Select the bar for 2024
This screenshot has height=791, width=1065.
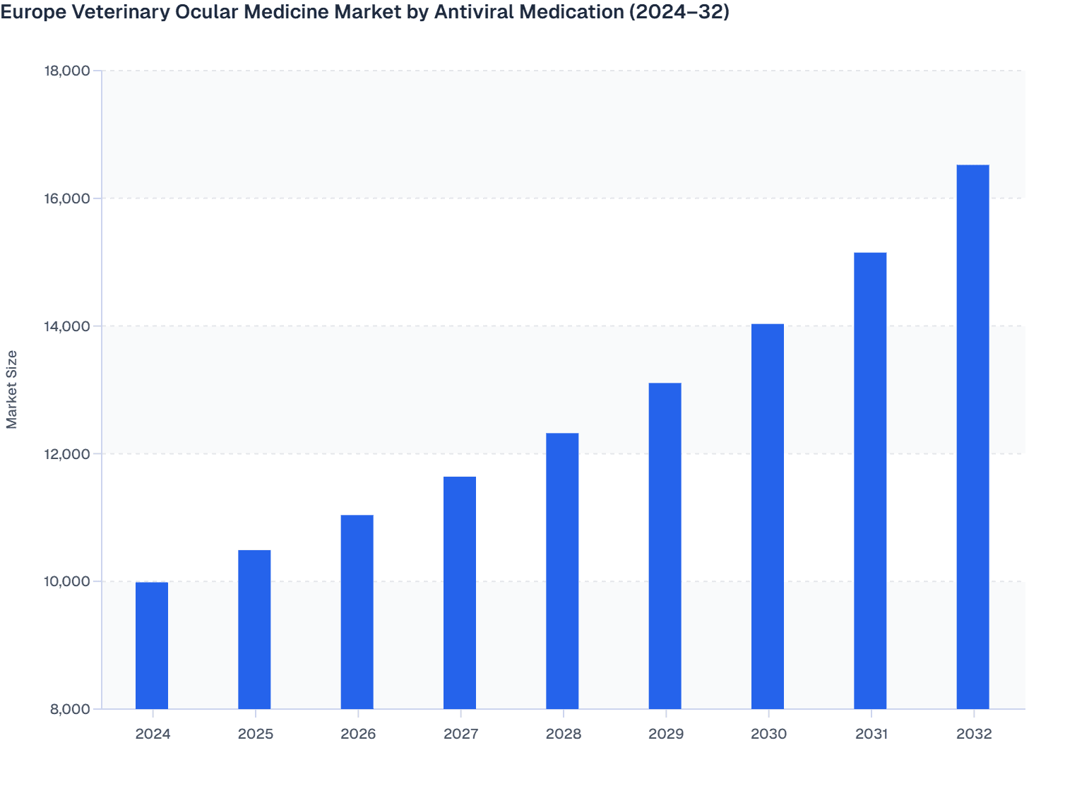pos(152,646)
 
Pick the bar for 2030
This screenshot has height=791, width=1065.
pos(768,516)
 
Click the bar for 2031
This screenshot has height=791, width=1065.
pos(870,480)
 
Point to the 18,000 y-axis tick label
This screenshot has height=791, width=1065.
pos(67,71)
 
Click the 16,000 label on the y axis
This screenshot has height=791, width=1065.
pos(67,198)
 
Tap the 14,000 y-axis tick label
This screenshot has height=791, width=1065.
pos(67,326)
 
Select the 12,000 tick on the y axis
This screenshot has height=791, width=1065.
pos(67,454)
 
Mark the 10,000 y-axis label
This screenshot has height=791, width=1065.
pos(67,582)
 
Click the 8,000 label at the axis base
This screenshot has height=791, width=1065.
pos(71,710)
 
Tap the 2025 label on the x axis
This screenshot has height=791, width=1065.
pos(255,734)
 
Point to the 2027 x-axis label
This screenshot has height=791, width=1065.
pos(460,734)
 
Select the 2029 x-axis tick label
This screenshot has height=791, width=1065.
pos(665,734)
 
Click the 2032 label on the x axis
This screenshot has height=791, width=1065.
pos(974,734)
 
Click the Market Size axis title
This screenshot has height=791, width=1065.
pos(12,390)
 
